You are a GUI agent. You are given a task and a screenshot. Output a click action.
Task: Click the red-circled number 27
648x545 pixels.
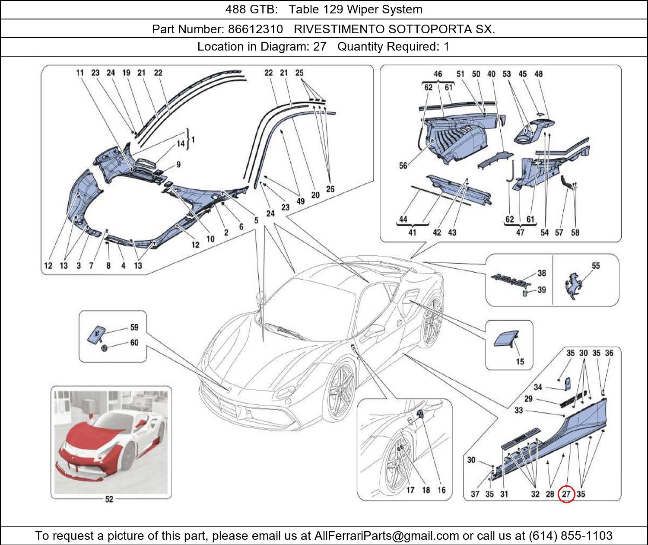[566, 494]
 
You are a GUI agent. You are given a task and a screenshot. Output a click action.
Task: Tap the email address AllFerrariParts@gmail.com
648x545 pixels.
[387, 536]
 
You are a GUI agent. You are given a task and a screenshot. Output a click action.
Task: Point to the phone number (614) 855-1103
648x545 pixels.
[571, 536]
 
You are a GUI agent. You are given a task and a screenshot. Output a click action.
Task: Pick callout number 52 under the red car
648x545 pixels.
[109, 499]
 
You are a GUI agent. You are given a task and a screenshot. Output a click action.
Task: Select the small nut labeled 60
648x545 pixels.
[104, 348]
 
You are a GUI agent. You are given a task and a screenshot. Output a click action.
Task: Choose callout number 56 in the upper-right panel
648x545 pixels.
[403, 166]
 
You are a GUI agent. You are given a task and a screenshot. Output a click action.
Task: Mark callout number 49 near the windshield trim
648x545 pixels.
[301, 201]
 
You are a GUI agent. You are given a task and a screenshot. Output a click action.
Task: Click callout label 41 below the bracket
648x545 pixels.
[412, 233]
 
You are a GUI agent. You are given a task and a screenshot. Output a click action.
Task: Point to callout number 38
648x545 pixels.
[541, 273]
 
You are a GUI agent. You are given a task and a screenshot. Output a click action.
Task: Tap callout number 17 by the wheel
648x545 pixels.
[410, 490]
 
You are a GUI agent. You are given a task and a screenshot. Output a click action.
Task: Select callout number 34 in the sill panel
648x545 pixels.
[538, 387]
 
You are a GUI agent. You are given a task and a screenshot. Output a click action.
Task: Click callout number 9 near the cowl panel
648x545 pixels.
[178, 164]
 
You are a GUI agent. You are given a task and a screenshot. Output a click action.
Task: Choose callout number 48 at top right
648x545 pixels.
[538, 74]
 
